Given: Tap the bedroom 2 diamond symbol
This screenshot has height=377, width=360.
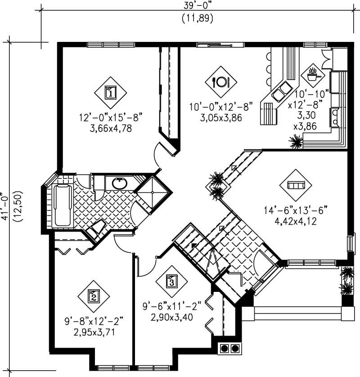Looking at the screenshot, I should [94, 296].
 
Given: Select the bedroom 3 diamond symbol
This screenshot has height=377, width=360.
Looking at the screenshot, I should [171, 282].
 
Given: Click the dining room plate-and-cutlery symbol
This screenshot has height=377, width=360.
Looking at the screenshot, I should [221, 82].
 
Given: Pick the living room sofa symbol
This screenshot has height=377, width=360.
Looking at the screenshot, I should [296, 185].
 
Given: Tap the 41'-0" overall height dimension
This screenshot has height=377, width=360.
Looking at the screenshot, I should [6, 205].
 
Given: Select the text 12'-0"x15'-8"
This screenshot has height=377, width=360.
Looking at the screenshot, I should [110, 118].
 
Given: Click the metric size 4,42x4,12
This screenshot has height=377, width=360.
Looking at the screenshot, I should [295, 221].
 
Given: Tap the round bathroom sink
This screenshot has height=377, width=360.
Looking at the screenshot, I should [119, 183].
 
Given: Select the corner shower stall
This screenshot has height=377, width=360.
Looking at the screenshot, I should [154, 192].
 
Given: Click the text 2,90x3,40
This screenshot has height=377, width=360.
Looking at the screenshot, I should [171, 318].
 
